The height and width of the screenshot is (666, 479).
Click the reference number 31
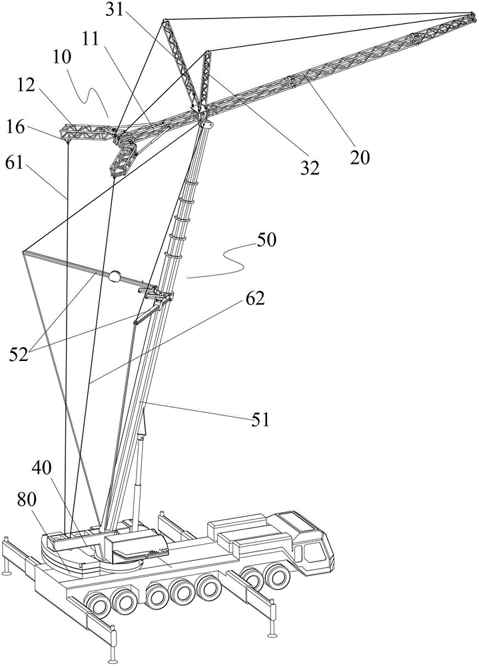tap(115, 10)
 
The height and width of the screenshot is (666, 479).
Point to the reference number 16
tap(16, 127)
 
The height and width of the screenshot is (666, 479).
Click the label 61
tap(15, 163)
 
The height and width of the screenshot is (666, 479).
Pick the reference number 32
tap(309, 168)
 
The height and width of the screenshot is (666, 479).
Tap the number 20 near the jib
tap(360, 157)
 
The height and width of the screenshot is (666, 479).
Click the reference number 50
tap(266, 240)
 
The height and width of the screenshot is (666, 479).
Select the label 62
tap(254, 298)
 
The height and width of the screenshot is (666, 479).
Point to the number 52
tap(19, 354)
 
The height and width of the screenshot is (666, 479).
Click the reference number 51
tap(260, 420)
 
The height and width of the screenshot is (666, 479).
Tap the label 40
tap(42, 468)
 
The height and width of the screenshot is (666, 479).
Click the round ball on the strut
tap(115, 277)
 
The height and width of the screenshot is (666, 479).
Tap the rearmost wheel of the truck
tap(97, 605)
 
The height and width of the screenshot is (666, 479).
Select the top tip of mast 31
tap(164, 20)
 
